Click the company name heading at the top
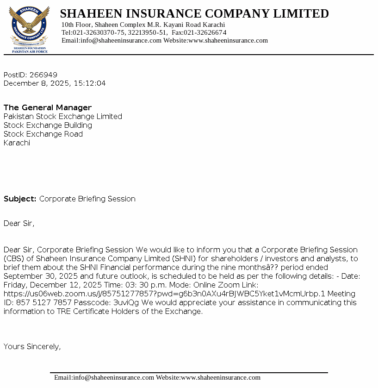click(194, 13)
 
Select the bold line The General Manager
click(48, 108)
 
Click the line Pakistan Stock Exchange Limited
click(63, 117)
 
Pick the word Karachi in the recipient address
click(17, 143)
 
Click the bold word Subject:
click(20, 199)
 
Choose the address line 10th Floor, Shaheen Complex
click(143, 25)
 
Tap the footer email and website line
click(157, 377)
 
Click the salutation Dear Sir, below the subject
click(19, 224)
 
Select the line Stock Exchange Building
click(48, 125)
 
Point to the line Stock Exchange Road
click(43, 134)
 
